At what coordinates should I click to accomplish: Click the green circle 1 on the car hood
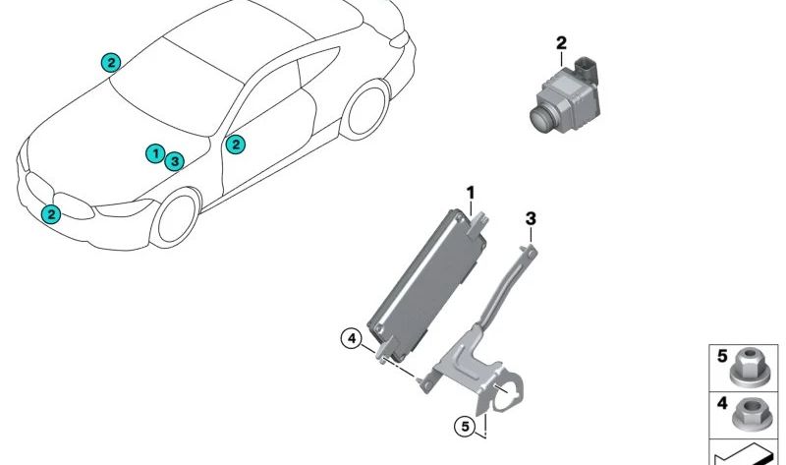(154, 153)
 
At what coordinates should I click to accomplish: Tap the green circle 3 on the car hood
(174, 160)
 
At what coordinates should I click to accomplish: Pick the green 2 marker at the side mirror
(235, 145)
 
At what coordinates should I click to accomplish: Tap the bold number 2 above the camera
(561, 42)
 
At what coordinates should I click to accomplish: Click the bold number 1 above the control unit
(471, 191)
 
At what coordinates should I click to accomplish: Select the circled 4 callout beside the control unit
(351, 339)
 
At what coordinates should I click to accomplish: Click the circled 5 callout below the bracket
(466, 426)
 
